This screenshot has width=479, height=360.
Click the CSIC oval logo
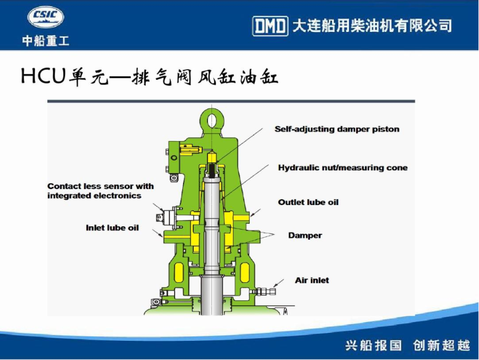46,17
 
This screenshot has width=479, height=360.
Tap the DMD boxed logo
270,26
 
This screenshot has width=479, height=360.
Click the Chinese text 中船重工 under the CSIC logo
46,41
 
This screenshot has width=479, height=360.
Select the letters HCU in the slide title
43,76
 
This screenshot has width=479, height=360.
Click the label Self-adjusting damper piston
337,129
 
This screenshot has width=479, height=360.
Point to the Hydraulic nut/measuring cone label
343,168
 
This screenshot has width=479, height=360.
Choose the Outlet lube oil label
308,202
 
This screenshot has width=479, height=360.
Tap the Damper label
305,235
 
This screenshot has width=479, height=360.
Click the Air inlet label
312,280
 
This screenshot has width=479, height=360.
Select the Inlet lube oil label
112,228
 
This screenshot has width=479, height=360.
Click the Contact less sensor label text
101,191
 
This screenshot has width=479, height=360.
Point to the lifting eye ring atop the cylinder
212,120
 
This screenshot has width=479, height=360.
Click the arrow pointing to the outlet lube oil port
255,212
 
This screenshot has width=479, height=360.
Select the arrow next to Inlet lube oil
158,233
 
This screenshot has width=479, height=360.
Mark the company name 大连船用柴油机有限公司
373,26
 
